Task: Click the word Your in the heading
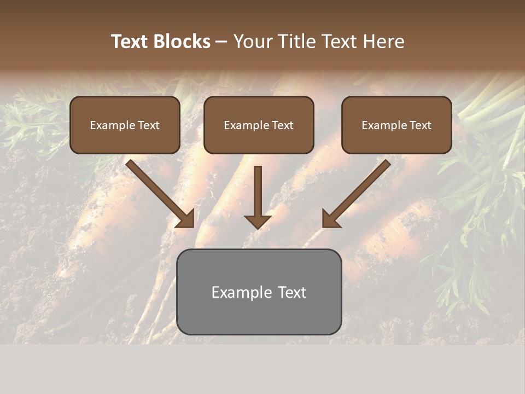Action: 253,42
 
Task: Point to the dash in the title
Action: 221,42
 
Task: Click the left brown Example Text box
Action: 125,125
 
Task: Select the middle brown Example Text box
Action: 259,125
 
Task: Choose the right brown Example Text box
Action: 396,125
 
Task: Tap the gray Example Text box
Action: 259,292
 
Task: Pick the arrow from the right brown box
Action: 358,192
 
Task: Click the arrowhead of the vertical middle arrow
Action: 258,222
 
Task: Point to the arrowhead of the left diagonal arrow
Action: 186,219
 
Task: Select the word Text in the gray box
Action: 293,292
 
